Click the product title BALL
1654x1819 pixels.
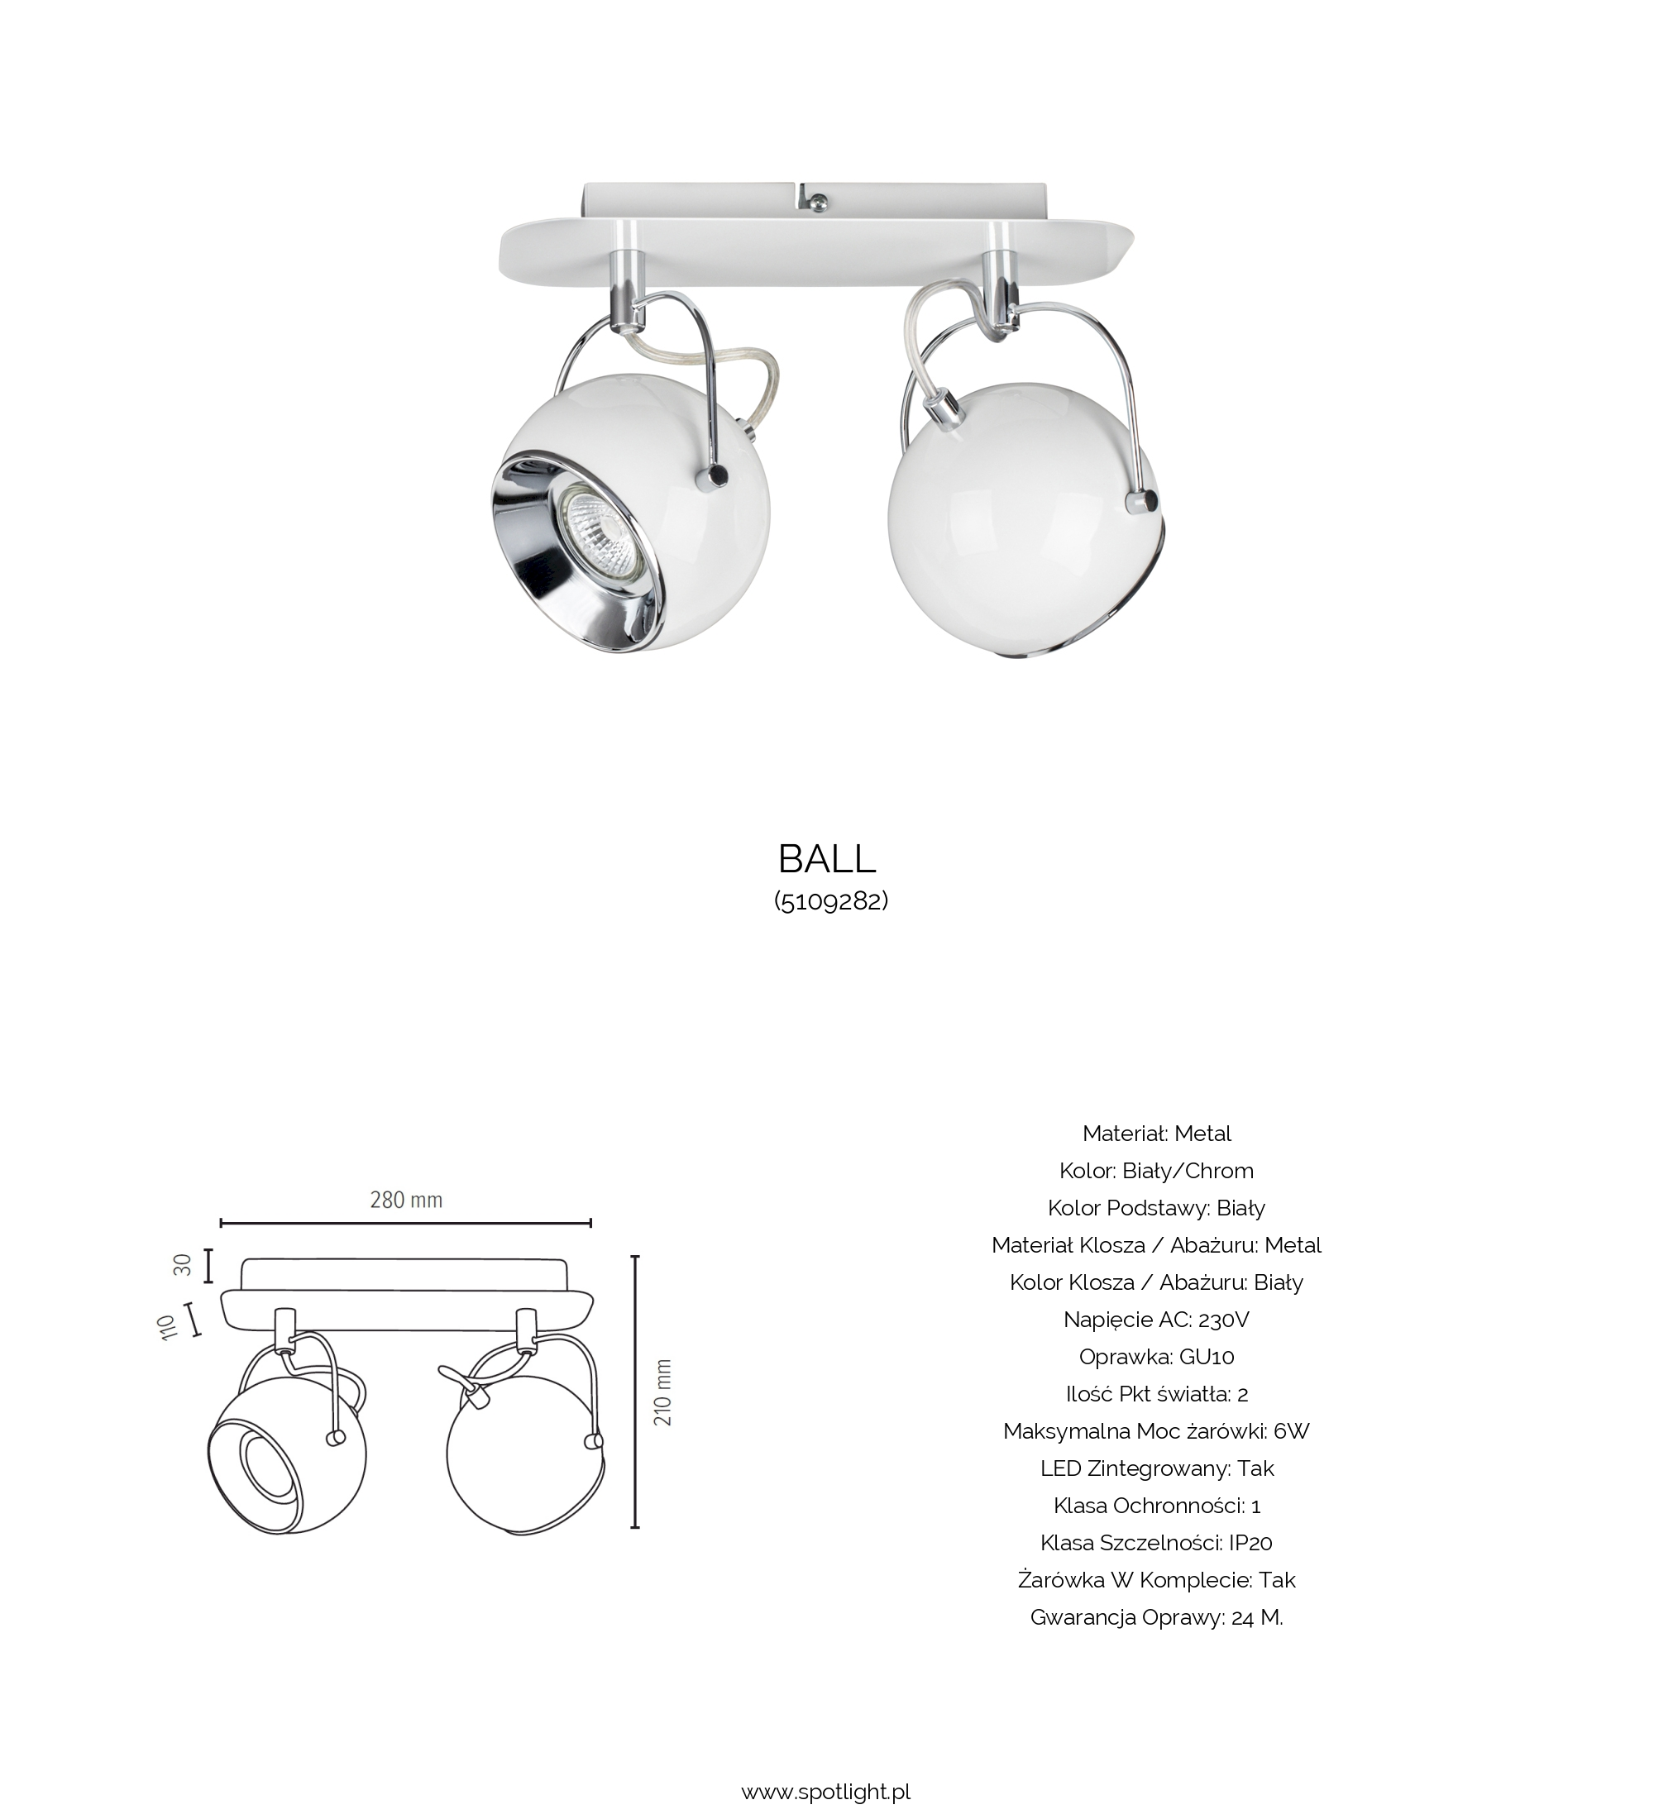pyautogui.click(x=826, y=859)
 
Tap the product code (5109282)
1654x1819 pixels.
pyautogui.click(x=831, y=901)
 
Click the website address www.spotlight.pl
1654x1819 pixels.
pyautogui.click(x=825, y=1791)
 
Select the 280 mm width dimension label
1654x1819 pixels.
pyautogui.click(x=406, y=1200)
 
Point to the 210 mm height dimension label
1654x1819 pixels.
pyautogui.click(x=663, y=1392)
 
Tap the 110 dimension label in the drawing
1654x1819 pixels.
pyautogui.click(x=167, y=1327)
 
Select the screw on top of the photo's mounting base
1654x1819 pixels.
pyautogui.click(x=816, y=203)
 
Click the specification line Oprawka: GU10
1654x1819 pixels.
pyautogui.click(x=1157, y=1356)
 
